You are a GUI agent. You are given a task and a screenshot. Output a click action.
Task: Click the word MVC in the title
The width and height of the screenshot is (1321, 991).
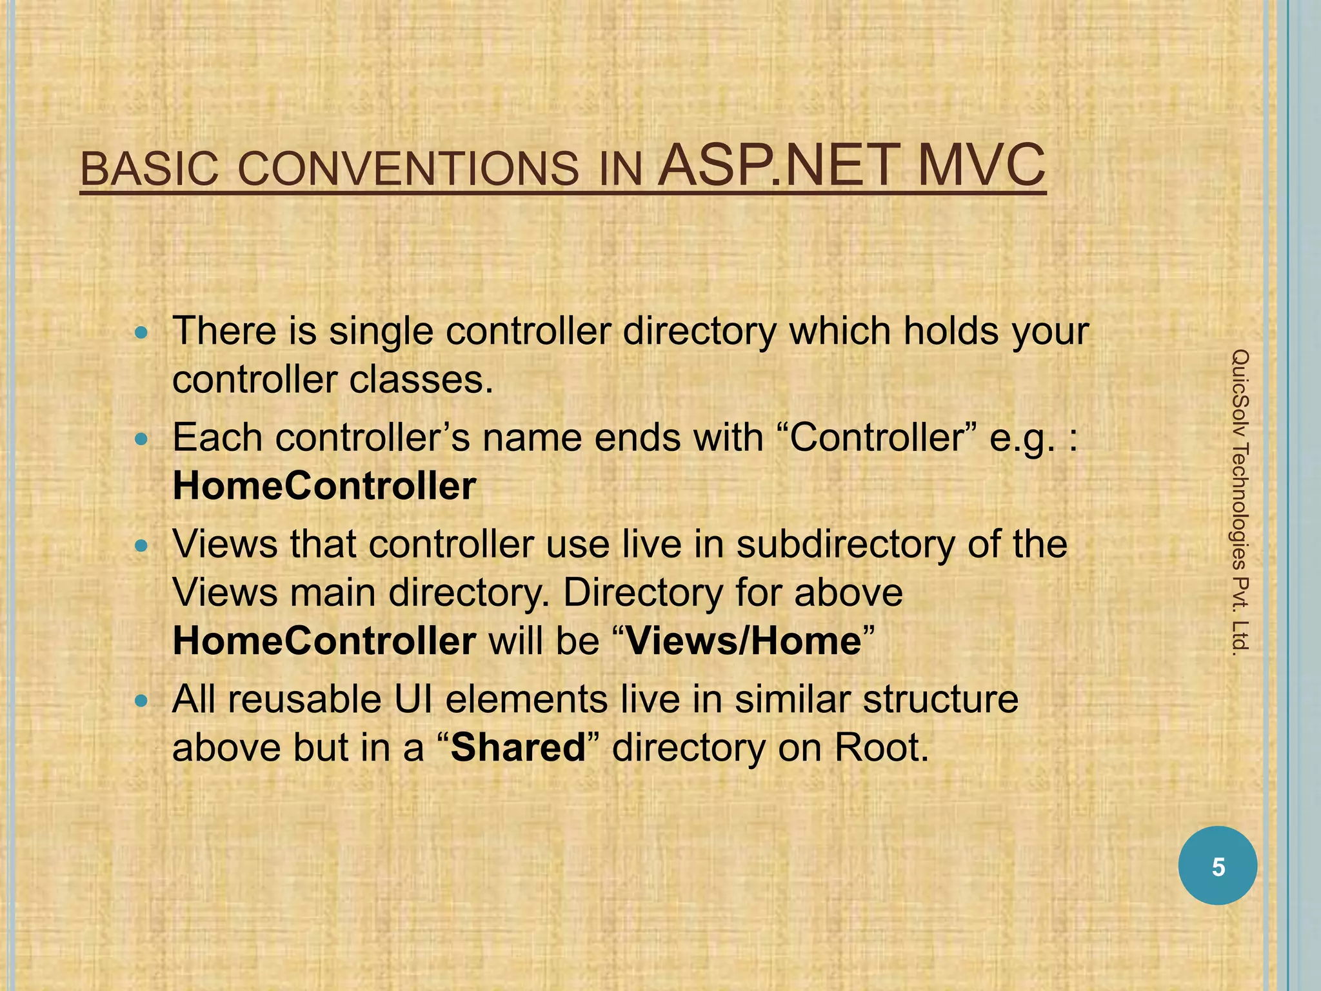point(980,166)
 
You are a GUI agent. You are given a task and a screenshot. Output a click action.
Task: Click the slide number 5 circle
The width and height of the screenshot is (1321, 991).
point(1218,866)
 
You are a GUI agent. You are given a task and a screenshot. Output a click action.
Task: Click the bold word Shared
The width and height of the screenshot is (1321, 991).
point(518,747)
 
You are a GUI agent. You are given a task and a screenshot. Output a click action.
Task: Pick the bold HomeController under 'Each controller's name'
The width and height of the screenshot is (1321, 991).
point(324,486)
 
